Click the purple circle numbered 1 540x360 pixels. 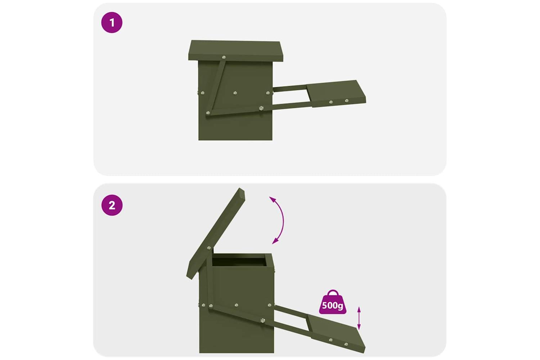pos(112,23)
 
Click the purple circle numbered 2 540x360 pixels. pos(112,205)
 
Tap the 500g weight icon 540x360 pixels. pos(332,302)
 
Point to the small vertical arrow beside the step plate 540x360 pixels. pos(359,318)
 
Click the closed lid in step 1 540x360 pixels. pos(235,51)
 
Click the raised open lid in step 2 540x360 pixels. pos(215,233)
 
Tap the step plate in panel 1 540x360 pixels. pos(336,94)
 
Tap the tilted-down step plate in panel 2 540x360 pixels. pos(336,333)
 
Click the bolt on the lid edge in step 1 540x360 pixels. pos(224,57)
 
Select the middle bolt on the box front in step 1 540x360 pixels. pos(235,93)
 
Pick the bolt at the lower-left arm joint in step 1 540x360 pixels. pos(208,113)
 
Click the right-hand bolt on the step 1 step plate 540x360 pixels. pos(347,100)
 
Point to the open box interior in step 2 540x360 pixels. pos(239,262)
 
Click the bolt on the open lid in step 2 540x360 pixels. pos(209,248)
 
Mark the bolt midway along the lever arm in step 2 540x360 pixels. pos(262,320)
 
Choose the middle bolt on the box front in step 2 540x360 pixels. pos(236,305)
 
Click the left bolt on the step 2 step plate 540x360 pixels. pos(330,340)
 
